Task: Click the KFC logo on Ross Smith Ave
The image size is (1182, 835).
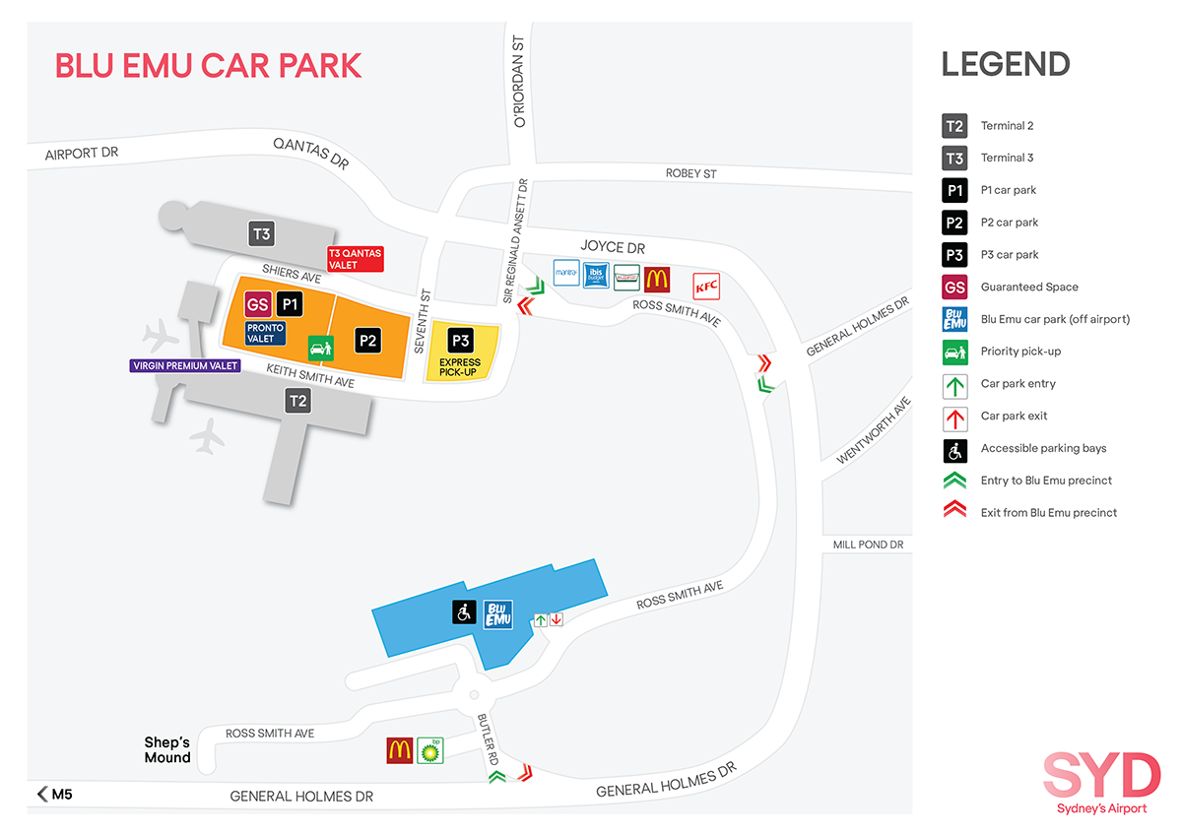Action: coord(706,286)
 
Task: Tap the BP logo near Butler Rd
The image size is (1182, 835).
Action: coord(429,750)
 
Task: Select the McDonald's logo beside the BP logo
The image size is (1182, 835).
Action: coord(399,750)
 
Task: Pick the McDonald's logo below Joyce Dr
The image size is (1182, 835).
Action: coord(657,279)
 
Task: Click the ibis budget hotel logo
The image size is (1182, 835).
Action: coord(597,276)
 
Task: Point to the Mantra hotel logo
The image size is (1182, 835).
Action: coord(566,273)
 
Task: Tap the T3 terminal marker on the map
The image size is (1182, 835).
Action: coord(261,234)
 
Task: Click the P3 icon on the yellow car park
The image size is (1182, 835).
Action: coord(460,341)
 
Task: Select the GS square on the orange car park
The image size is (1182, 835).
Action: coord(258,304)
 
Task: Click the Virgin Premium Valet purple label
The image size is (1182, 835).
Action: coord(185,366)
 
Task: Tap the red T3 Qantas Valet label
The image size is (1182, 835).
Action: coord(355,259)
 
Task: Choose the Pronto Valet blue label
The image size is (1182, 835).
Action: coord(265,333)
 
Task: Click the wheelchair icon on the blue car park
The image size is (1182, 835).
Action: coord(463,612)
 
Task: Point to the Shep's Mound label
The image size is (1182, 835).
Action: coord(167,749)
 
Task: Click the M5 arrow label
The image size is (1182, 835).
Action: coord(55,794)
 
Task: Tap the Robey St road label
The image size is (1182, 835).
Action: coord(690,173)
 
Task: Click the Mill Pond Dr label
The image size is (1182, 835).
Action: coord(867,545)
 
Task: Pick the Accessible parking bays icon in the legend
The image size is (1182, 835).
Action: coord(953,449)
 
